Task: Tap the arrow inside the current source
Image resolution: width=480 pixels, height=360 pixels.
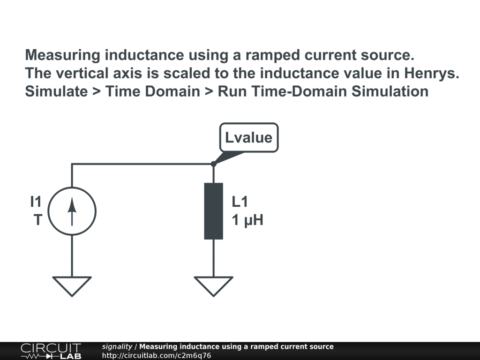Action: pos(72,211)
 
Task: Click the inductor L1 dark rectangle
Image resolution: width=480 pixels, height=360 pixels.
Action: pos(214,211)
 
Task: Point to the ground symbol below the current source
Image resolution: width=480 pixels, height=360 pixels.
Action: pos(72,286)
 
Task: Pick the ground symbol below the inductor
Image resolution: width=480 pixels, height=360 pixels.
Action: pos(214,286)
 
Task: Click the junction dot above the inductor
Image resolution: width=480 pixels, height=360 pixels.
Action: pos(214,164)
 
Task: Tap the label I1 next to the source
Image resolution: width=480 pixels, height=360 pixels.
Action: pos(36,202)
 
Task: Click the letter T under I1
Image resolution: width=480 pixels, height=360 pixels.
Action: pos(37,220)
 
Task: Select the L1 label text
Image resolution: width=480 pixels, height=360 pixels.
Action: pos(240,202)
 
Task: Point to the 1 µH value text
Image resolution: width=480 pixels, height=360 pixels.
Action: pos(247,220)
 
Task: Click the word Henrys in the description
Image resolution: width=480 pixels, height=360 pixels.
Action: pos(432,74)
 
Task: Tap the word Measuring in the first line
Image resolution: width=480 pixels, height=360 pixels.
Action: pos(62,55)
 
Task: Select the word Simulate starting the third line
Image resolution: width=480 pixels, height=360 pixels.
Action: pos(56,91)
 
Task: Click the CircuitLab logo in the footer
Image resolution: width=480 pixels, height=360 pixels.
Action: pos(51,351)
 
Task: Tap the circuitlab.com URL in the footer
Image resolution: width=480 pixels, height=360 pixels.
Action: pos(157,355)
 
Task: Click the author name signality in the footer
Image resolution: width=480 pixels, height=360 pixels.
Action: pos(117,346)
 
